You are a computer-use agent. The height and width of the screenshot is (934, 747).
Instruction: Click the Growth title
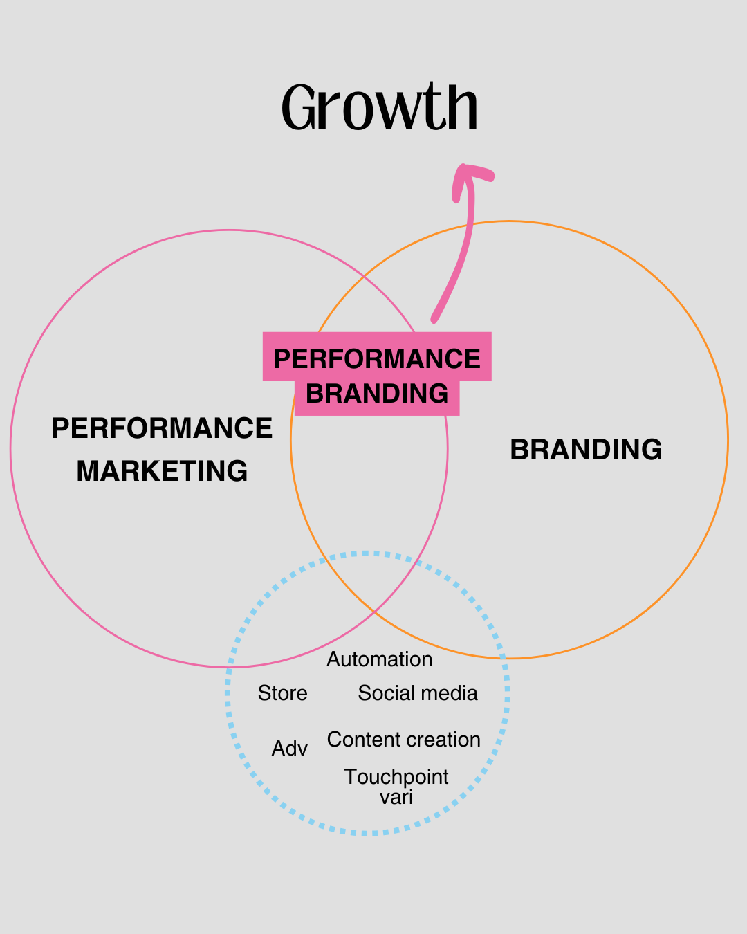pyautogui.click(x=380, y=107)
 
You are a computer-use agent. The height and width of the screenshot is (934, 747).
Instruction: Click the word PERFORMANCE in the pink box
pyautogui.click(x=377, y=359)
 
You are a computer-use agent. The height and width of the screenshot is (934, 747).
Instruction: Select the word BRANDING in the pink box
pyautogui.click(x=377, y=394)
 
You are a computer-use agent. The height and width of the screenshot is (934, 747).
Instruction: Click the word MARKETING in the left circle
pyautogui.click(x=162, y=471)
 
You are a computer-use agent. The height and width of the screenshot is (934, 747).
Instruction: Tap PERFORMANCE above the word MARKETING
pyautogui.click(x=162, y=428)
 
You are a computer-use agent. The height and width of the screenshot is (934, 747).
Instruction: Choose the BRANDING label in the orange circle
pyautogui.click(x=586, y=450)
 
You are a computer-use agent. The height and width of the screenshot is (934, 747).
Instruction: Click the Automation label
pyautogui.click(x=380, y=659)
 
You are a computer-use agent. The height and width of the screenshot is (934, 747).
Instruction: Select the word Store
pyautogui.click(x=282, y=693)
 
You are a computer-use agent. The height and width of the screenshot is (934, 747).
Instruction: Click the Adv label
pyautogui.click(x=289, y=749)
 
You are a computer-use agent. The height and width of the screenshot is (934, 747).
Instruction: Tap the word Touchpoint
pyautogui.click(x=396, y=777)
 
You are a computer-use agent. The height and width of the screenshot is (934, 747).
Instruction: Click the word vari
pyautogui.click(x=396, y=797)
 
